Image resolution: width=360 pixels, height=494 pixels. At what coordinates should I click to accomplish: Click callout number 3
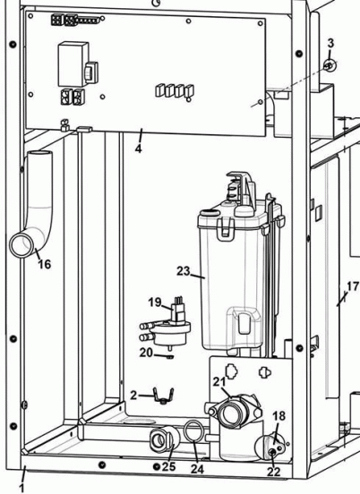click(330, 43)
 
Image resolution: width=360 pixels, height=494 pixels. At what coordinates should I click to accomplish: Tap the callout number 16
click(43, 264)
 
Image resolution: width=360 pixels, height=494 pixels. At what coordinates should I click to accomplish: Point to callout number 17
click(351, 286)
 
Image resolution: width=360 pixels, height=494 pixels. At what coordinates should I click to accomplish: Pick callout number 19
click(153, 302)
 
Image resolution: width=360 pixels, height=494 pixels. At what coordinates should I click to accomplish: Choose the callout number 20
click(147, 352)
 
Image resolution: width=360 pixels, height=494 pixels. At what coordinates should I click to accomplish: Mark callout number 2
click(132, 395)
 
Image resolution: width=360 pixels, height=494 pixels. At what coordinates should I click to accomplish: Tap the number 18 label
click(279, 416)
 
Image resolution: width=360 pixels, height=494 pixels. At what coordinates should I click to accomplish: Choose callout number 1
click(22, 488)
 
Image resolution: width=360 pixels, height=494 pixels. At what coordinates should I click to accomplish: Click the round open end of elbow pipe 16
click(21, 244)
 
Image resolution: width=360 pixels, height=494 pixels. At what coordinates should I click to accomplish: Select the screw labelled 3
click(330, 66)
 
